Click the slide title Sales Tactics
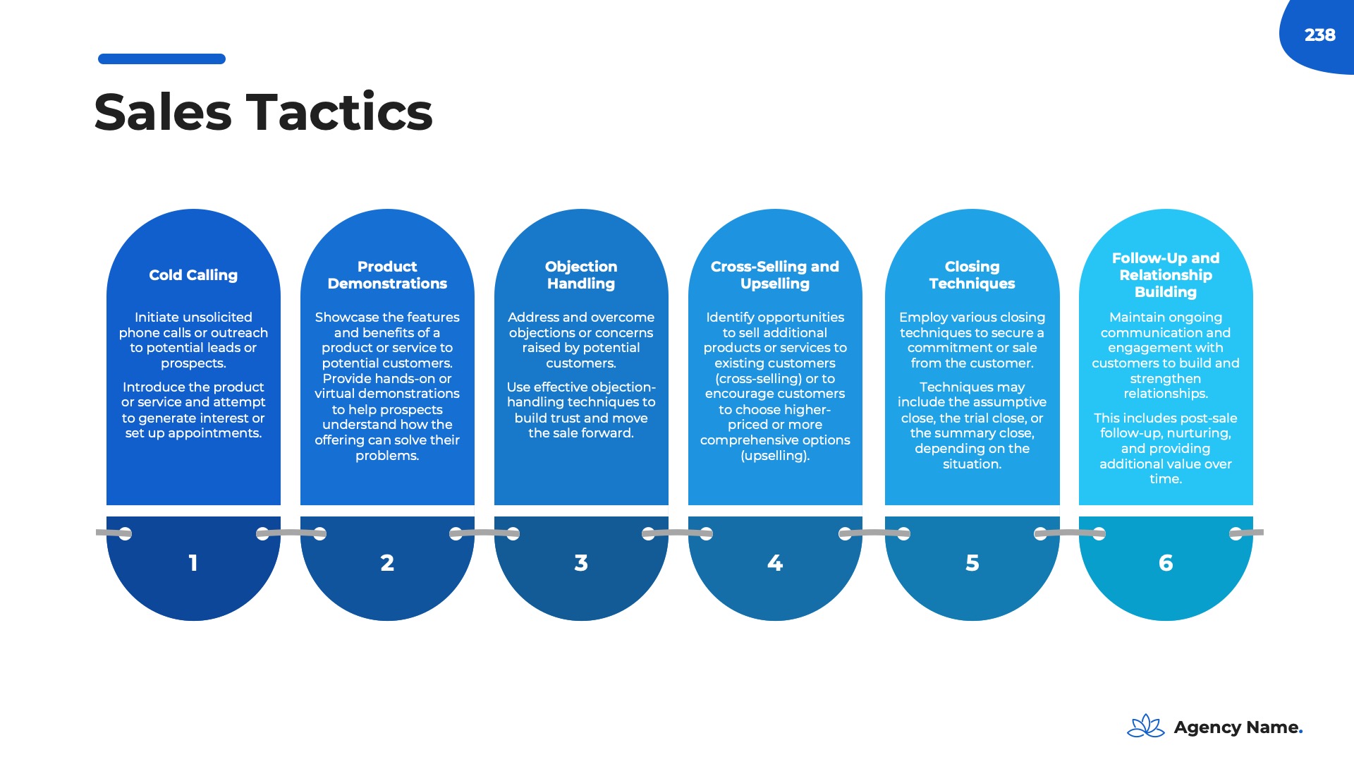pyautogui.click(x=263, y=112)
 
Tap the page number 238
pyautogui.click(x=1319, y=35)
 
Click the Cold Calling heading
pyautogui.click(x=193, y=275)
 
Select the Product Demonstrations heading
pyautogui.click(x=387, y=275)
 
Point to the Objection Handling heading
pyautogui.click(x=581, y=275)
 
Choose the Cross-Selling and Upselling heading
pyautogui.click(x=775, y=275)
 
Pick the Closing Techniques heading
pyautogui.click(x=972, y=275)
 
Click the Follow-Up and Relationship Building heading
pyautogui.click(x=1166, y=275)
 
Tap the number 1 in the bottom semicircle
pyautogui.click(x=193, y=563)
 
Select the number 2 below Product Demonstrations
pyautogui.click(x=387, y=563)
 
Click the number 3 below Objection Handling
pyautogui.click(x=581, y=563)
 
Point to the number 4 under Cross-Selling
pyautogui.click(x=775, y=563)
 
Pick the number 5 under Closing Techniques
pyautogui.click(x=972, y=563)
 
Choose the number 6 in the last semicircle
pyautogui.click(x=1166, y=563)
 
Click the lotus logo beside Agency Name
pyautogui.click(x=1146, y=726)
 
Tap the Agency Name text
pyautogui.click(x=1237, y=727)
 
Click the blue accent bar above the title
pyautogui.click(x=161, y=59)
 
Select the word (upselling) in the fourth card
pyautogui.click(x=774, y=456)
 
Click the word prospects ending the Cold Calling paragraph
pyautogui.click(x=193, y=363)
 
